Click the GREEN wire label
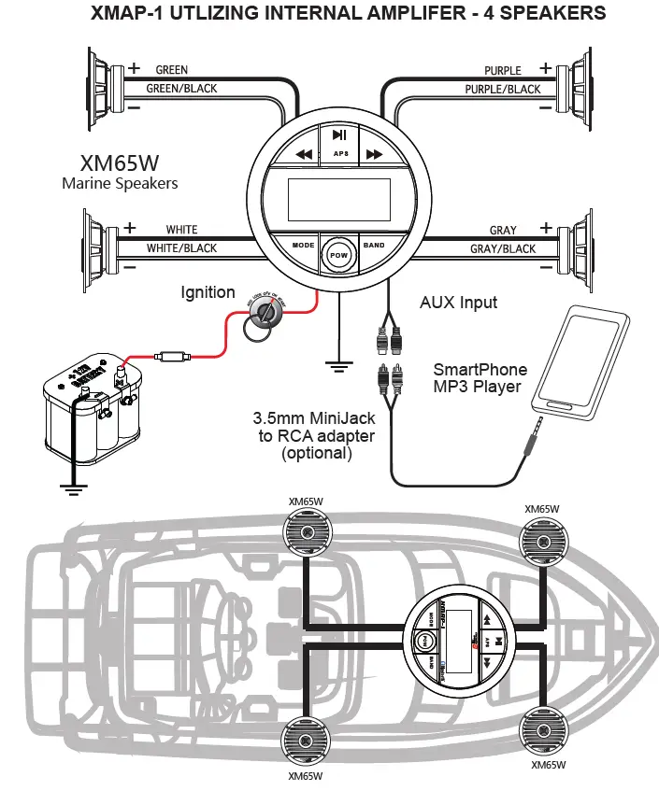click(x=172, y=70)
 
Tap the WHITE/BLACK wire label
click(x=181, y=248)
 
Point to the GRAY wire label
click(x=503, y=230)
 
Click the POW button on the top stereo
click(x=337, y=254)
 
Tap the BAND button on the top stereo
click(x=374, y=246)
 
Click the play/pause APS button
click(x=339, y=141)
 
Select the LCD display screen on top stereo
click(x=338, y=198)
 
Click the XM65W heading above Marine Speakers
click(x=119, y=162)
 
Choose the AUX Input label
click(x=459, y=303)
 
